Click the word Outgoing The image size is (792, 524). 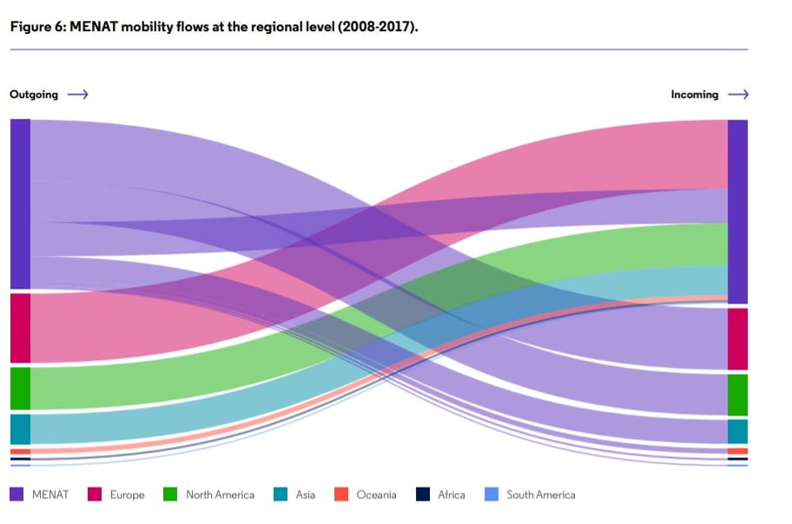34,95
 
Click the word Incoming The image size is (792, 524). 695,95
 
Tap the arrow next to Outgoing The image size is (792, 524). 78,95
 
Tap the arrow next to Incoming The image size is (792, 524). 738,95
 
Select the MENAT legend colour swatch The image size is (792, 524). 16,495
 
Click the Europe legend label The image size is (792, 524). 127,495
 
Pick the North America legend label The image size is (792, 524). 220,495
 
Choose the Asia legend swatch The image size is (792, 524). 280,495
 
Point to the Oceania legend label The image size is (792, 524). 376,495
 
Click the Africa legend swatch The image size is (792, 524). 423,495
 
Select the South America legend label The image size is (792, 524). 540,495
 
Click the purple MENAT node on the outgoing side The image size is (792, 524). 20,204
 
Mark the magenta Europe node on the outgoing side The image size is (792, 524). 20,328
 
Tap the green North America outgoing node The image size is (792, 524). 20,388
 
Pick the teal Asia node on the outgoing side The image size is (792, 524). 20,429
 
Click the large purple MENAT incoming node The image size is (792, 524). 737,212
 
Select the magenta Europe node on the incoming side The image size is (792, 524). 737,338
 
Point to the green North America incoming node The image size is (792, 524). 737,395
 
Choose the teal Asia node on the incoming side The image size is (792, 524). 737,431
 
